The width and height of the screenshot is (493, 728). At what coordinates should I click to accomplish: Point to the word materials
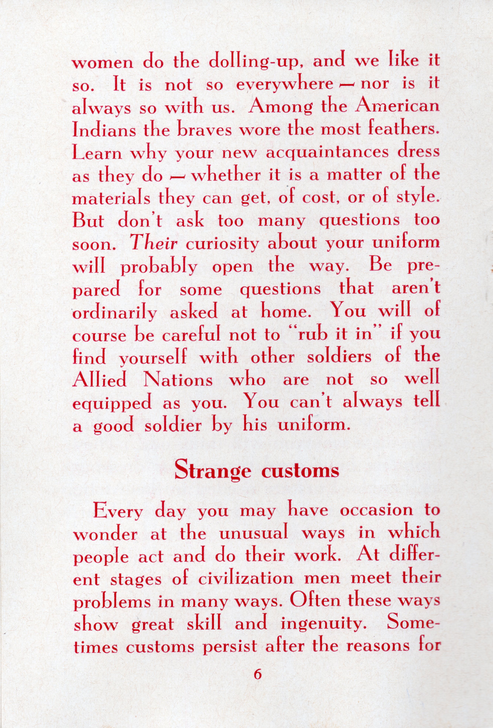111,198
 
